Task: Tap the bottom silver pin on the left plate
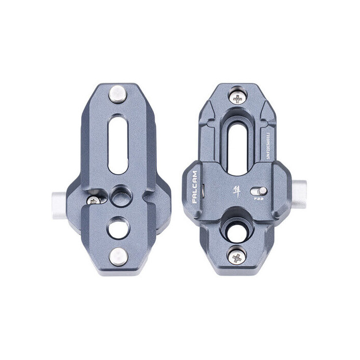coord(118,256)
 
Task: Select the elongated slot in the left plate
coord(118,146)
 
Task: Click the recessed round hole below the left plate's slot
coord(120,195)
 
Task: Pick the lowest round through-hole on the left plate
coord(118,227)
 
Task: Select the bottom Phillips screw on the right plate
coord(237,256)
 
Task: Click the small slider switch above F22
coord(258,191)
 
